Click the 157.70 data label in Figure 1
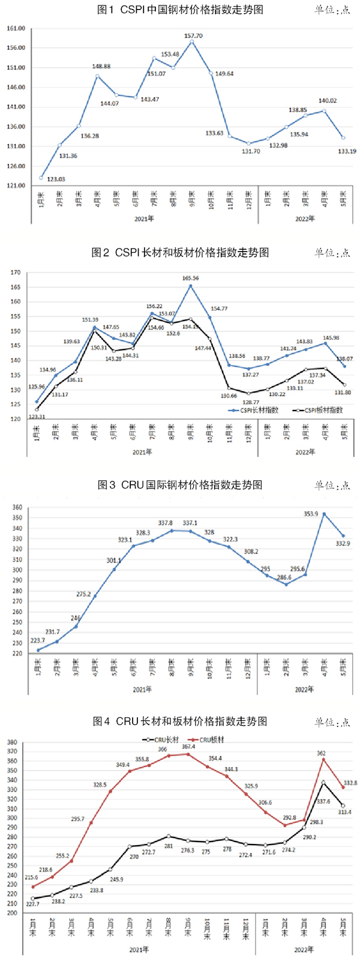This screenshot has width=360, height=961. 193,36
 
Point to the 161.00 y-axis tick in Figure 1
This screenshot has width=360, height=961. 16,28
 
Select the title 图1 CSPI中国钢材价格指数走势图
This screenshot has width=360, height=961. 180,10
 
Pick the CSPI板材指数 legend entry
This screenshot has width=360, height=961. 322,411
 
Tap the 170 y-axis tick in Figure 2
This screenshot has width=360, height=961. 16,273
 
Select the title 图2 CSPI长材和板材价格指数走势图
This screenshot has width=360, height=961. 180,252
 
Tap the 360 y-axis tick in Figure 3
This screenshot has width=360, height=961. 17,508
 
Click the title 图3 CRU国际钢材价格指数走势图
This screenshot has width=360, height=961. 180,484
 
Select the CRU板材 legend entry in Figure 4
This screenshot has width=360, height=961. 206,740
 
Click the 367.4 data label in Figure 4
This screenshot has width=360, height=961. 188,747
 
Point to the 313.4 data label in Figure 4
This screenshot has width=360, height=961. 344,812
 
